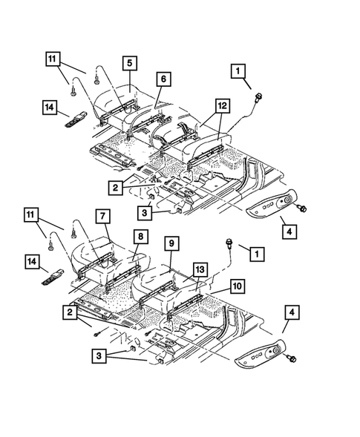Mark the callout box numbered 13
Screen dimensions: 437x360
200,269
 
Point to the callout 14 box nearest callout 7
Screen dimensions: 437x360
49,262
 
